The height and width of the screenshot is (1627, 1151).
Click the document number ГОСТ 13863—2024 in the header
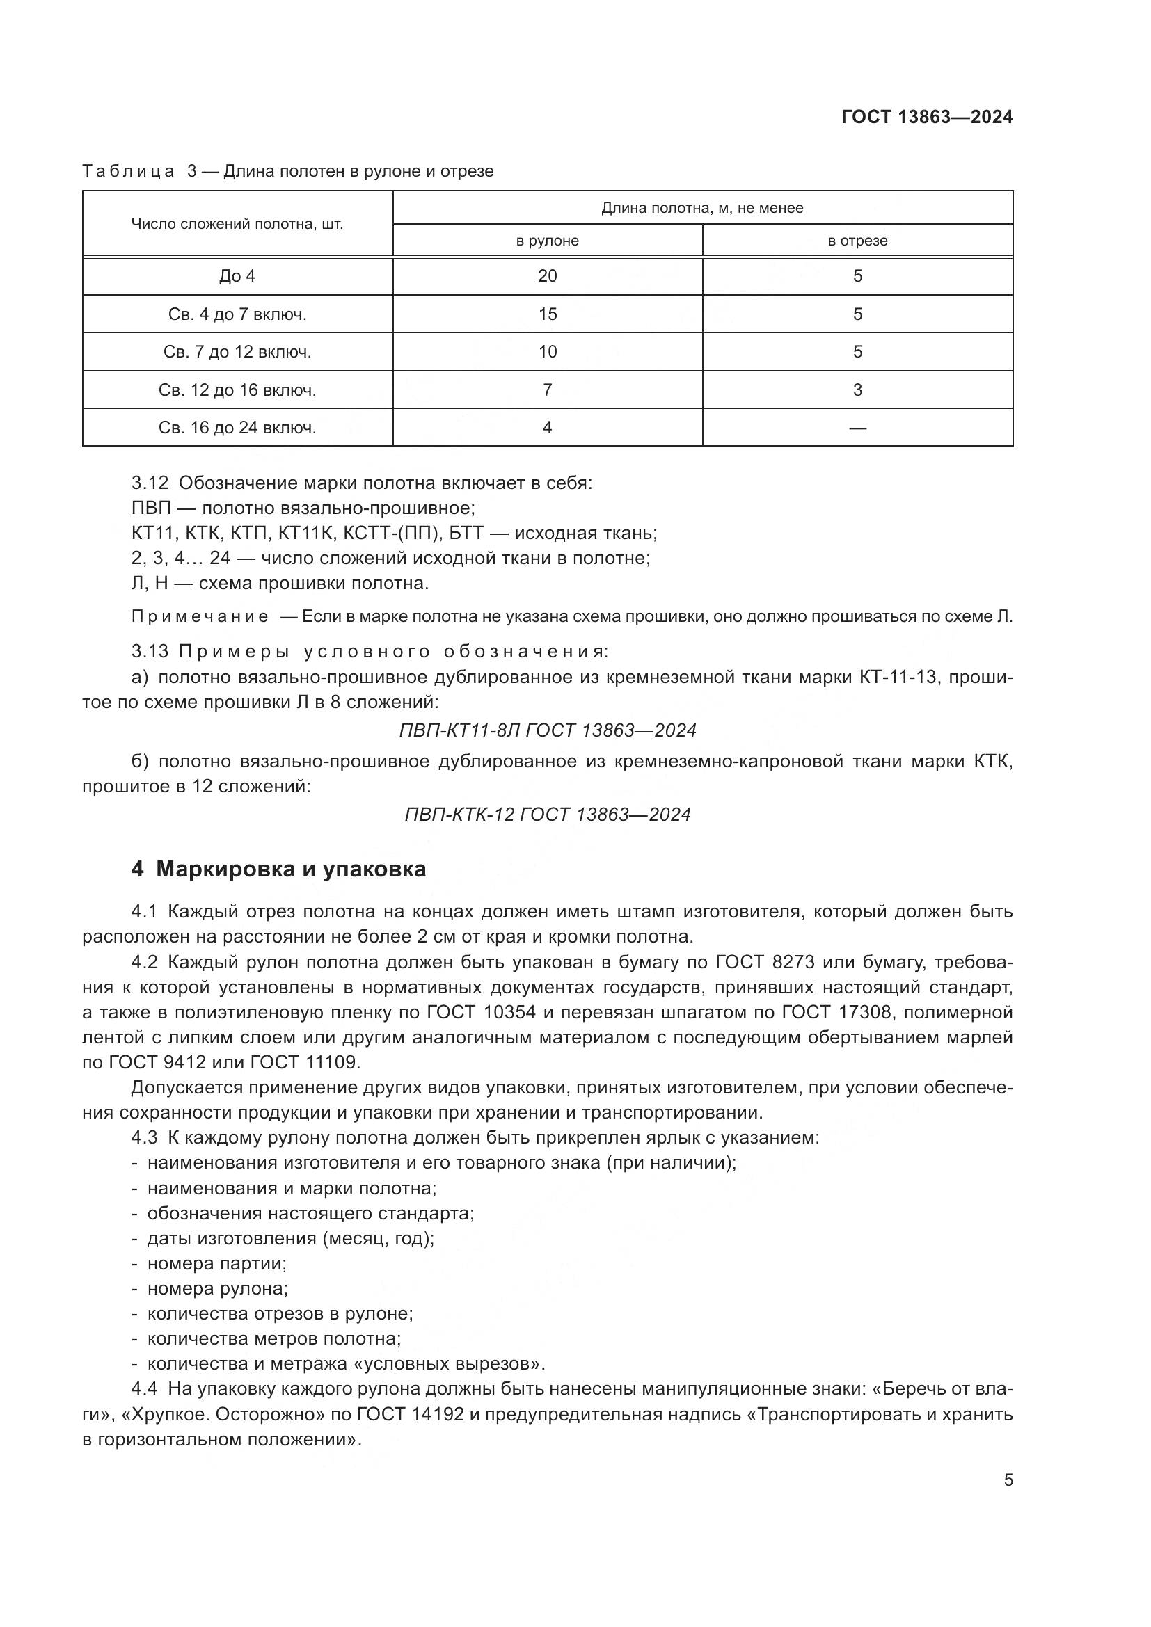[927, 117]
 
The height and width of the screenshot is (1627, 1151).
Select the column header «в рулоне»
[547, 240]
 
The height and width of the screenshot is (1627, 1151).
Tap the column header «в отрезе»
[857, 240]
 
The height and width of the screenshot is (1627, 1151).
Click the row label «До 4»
[237, 276]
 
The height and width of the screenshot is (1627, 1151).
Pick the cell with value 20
[547, 276]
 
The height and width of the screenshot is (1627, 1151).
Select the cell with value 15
[547, 314]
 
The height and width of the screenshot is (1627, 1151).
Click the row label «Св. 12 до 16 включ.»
[237, 390]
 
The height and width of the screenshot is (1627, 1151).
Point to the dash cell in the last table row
[857, 428]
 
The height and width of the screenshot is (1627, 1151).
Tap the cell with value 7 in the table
[547, 390]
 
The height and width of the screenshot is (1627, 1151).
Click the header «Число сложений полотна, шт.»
[237, 225]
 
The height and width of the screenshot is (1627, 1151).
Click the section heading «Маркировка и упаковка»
[291, 869]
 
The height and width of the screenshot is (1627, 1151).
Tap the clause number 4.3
[145, 1137]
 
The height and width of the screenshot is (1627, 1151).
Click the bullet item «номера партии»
[216, 1263]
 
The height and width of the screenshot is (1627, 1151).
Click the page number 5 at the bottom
[1008, 1480]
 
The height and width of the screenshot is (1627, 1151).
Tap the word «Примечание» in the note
[200, 616]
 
